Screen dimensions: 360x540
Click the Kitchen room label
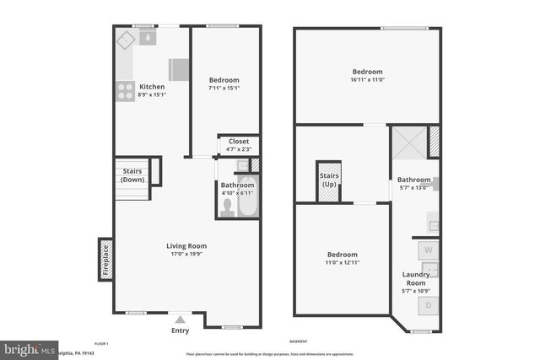[152, 87]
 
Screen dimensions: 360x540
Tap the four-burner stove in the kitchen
[125, 89]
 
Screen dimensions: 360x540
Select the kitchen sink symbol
[148, 38]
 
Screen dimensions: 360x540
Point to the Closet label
[238, 141]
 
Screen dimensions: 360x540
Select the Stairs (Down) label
[132, 175]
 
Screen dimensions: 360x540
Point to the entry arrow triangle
[180, 320]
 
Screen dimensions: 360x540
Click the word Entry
[180, 330]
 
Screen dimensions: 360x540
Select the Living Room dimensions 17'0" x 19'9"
[186, 255]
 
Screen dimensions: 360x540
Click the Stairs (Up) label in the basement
[328, 180]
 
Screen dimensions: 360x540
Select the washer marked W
[428, 250]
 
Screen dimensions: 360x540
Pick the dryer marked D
[428, 305]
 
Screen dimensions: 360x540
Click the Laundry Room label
[415, 279]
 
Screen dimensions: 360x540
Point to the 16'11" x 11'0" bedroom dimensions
[367, 81]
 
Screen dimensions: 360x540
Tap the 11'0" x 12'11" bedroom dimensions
[343, 263]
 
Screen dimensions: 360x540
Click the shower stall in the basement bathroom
[408, 142]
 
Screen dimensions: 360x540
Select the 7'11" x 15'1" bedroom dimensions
[224, 88]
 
